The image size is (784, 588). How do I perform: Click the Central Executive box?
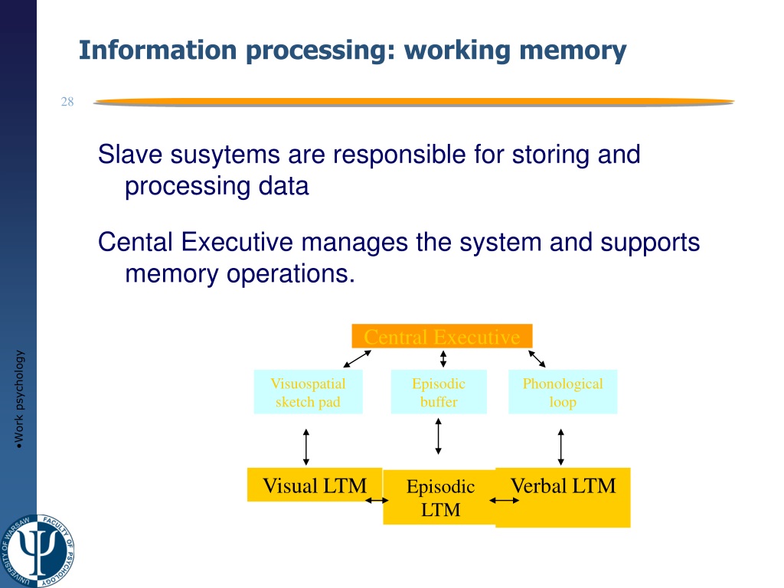pos(442,336)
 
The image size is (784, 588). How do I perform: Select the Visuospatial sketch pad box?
pos(308,393)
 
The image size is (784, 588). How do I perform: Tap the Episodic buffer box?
pos(439,393)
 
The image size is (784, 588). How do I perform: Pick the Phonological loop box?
pos(563,393)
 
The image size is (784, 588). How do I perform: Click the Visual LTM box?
pos(314,485)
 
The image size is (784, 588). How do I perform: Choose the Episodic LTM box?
pos(440,497)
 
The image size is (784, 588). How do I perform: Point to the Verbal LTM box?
pos(563,497)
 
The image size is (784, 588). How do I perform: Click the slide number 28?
pos(67,103)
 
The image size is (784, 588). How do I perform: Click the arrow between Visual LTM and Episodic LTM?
pos(376,501)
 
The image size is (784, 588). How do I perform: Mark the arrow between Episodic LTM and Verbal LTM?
pos(504,501)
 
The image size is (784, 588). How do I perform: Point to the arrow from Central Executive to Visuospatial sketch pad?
pos(358,358)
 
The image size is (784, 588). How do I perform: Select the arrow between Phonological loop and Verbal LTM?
pos(561,447)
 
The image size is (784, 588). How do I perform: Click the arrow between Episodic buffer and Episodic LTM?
pos(438,436)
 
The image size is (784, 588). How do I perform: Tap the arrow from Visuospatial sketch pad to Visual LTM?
pos(306,447)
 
